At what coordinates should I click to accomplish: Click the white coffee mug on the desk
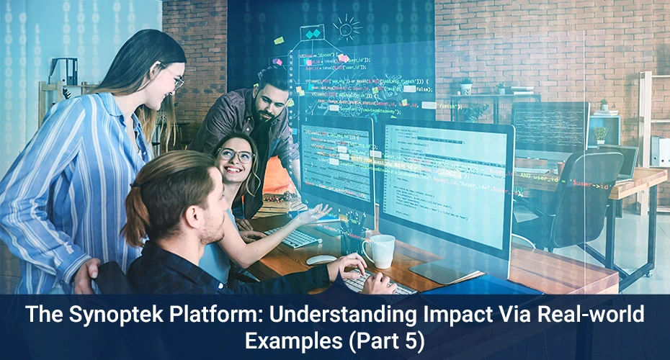(380, 251)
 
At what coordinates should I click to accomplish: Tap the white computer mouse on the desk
(321, 259)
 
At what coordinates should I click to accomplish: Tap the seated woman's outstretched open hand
(316, 213)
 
